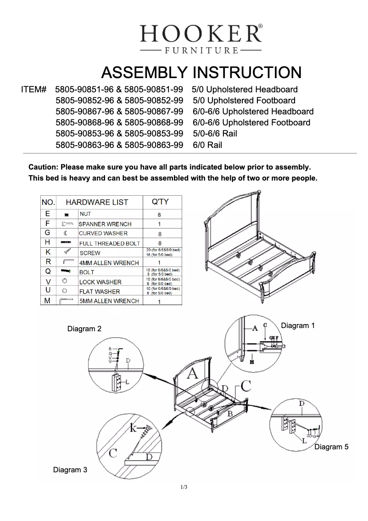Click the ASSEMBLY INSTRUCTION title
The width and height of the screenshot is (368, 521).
pos(201,73)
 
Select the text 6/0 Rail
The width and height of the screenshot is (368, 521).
pos(207,145)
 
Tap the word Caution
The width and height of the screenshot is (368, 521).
pos(43,167)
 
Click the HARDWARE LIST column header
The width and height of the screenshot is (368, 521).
pos(97,202)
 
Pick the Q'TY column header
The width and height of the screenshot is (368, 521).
pos(160,202)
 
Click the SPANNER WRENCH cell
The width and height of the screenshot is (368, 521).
pos(105,224)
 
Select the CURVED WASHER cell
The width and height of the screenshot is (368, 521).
pos(103,233)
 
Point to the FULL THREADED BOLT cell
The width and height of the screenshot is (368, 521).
pos(110,243)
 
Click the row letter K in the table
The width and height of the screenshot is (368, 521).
pos(48,252)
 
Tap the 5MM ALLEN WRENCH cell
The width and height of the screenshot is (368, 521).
pos(109,301)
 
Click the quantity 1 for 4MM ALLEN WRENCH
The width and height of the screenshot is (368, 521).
pos(159,263)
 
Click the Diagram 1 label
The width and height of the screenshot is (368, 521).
pos(298,325)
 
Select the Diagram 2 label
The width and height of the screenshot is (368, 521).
pos(84,328)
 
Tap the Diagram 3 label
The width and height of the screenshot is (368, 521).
pos(70,470)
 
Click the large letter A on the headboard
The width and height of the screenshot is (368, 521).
pos(193,373)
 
